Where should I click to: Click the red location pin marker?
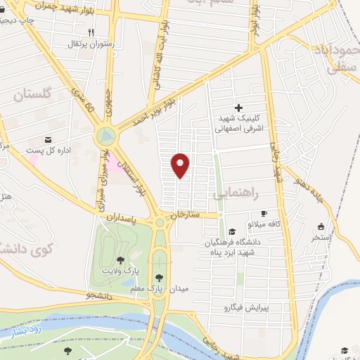click(181, 165)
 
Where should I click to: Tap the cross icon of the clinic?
click(238, 108)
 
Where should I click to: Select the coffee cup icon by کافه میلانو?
click(264, 212)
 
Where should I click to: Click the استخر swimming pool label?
click(322, 237)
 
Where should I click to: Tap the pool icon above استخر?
click(322, 226)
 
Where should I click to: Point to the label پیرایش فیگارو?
click(242, 307)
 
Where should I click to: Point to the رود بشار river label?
click(24, 330)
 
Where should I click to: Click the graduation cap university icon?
click(231, 232)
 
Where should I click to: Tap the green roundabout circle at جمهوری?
click(105, 134)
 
